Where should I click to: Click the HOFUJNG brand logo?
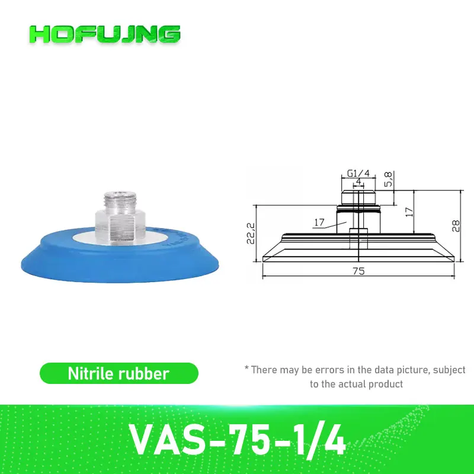(105, 34)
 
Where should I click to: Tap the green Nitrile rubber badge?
(118, 373)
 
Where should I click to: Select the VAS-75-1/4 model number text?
(237, 437)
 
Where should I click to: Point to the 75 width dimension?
(358, 271)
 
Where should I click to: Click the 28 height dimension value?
(454, 226)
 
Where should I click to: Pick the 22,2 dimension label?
(251, 234)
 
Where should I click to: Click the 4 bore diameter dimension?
(358, 181)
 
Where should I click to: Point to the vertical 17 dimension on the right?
(408, 212)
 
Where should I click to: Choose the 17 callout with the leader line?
(319, 223)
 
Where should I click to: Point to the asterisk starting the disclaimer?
(246, 369)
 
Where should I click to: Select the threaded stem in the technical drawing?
(358, 194)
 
